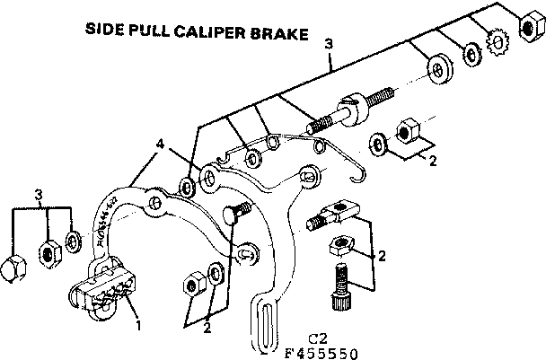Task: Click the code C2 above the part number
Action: [x=315, y=337]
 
